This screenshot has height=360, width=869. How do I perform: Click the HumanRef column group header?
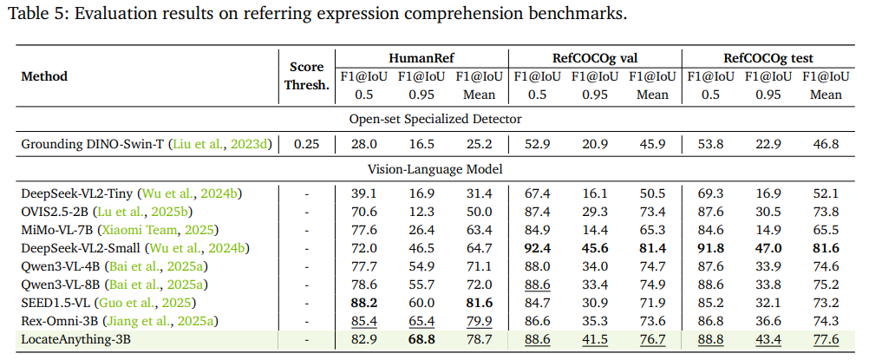(421, 58)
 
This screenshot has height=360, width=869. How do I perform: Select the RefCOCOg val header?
(594, 58)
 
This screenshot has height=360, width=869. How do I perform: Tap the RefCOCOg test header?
(768, 58)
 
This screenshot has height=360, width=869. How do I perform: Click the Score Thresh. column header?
(306, 76)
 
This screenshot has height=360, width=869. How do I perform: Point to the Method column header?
(44, 76)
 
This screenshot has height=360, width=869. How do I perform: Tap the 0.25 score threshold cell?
(306, 144)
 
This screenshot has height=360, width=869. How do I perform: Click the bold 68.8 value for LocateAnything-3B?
(421, 339)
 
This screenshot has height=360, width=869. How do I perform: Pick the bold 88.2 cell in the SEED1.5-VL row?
(364, 304)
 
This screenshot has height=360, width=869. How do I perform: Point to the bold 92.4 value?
(537, 248)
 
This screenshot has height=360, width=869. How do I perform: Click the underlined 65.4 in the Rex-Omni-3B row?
(421, 322)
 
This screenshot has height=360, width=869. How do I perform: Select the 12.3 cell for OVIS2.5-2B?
(421, 212)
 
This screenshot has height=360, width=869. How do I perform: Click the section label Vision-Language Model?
(435, 169)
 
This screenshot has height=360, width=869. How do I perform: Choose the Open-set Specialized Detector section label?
(435, 119)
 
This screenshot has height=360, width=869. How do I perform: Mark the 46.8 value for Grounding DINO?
(826, 144)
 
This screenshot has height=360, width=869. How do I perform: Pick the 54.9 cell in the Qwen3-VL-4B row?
(421, 267)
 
